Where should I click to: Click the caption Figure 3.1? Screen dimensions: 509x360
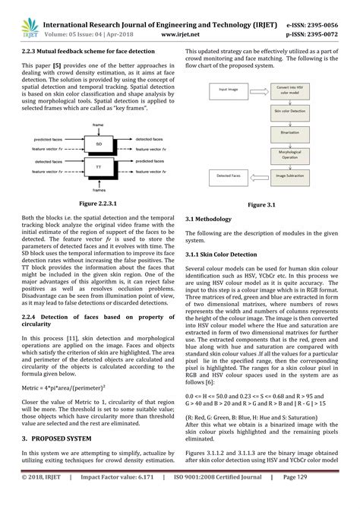(265, 204)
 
